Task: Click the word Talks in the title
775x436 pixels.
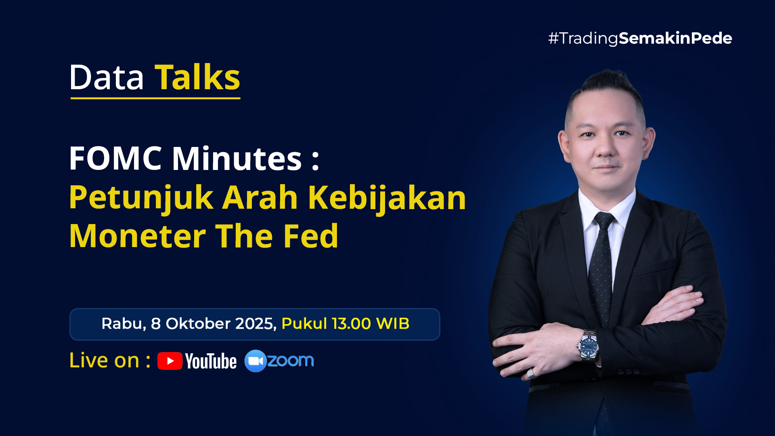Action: [197, 77]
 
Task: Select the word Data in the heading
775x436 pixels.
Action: [107, 77]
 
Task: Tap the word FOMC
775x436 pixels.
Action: [115, 158]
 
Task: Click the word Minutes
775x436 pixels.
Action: [237, 158]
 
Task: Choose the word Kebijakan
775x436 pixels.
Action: [387, 197]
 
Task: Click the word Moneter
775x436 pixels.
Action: [138, 236]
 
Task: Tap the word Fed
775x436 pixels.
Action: [311, 236]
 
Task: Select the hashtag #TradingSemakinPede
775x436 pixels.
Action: [640, 39]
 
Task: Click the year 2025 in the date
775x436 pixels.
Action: [256, 324]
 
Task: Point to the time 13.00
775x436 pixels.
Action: [351, 324]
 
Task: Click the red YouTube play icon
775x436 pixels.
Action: [170, 361]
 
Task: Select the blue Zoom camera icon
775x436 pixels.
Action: [256, 361]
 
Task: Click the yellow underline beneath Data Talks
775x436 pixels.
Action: [155, 98]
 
